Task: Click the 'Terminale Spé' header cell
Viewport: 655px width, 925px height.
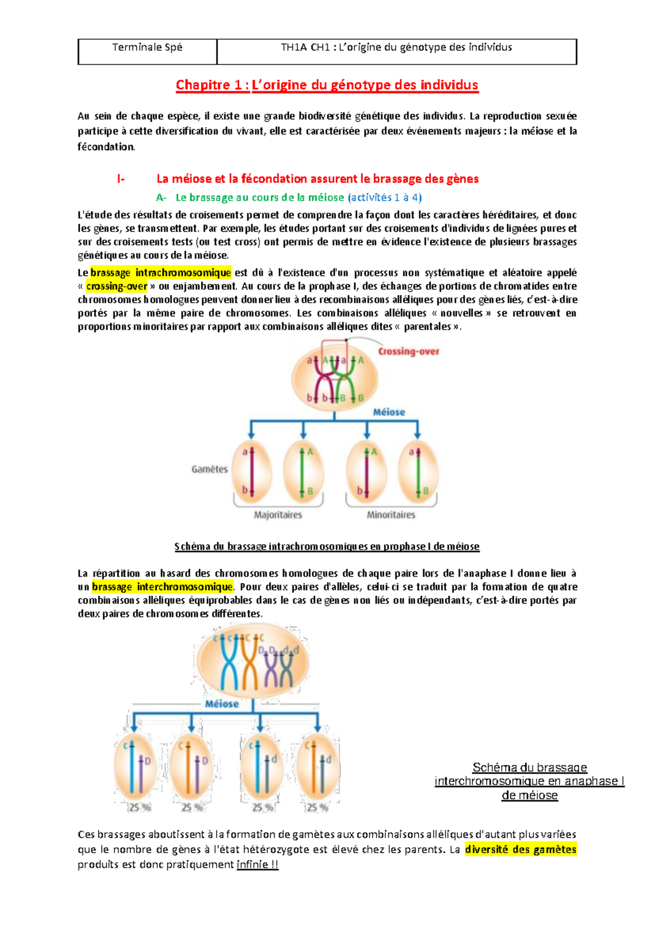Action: click(x=147, y=47)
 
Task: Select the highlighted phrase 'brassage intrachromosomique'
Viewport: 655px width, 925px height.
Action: click(x=161, y=273)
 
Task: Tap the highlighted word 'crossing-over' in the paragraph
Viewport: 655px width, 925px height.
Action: click(x=117, y=286)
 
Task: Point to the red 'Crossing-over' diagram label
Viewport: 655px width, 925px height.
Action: click(x=408, y=352)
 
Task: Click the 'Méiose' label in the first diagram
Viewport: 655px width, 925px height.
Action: click(x=389, y=412)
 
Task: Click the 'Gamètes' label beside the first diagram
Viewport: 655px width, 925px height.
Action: click(x=210, y=469)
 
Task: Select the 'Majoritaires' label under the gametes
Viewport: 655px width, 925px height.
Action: click(x=278, y=515)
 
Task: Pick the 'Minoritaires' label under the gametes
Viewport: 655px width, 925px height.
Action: click(x=391, y=515)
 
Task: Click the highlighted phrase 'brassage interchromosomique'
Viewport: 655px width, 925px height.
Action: click(x=163, y=587)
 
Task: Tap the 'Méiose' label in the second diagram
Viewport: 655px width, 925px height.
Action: click(x=222, y=704)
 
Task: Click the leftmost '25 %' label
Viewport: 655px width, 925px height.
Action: click(x=140, y=808)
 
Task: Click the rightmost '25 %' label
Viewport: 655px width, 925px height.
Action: click(x=317, y=808)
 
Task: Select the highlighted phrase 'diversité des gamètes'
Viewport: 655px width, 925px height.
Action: click(x=520, y=849)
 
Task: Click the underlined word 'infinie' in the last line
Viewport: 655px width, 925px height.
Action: click(x=252, y=864)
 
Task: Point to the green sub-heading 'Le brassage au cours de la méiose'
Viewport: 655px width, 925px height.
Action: click(x=260, y=197)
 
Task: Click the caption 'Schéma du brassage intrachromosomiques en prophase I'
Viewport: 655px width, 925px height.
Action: click(x=327, y=546)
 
